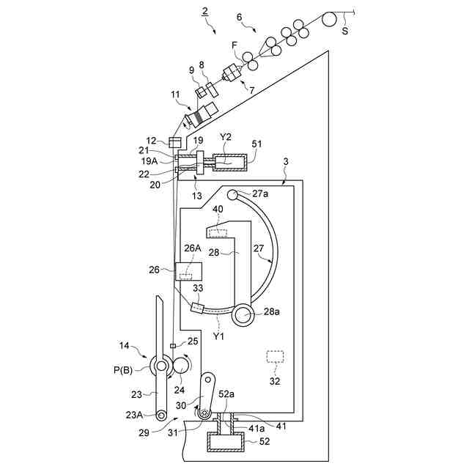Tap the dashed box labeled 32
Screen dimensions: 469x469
(x=275, y=357)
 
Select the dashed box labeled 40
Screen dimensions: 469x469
(x=217, y=233)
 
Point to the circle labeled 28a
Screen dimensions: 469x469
(x=242, y=316)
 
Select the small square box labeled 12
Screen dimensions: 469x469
(x=174, y=142)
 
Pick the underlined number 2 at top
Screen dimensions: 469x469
(x=205, y=11)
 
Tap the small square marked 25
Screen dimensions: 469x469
(x=173, y=346)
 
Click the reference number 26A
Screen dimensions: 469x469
(x=193, y=248)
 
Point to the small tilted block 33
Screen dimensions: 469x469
(x=196, y=309)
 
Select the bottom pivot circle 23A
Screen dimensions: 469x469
(x=151, y=416)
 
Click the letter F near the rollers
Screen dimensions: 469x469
(x=235, y=45)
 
